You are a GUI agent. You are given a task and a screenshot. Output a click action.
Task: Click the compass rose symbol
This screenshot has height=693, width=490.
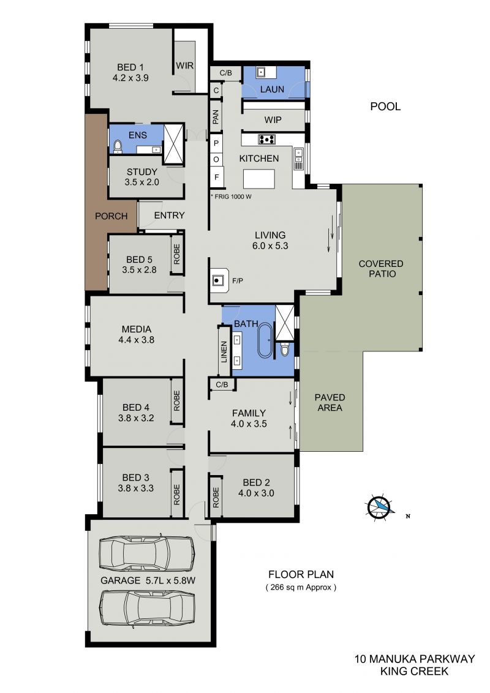point(379,506)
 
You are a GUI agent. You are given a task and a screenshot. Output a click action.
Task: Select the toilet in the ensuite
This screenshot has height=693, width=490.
point(117,146)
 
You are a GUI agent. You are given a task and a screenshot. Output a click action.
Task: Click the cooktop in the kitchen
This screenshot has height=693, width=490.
point(266,140)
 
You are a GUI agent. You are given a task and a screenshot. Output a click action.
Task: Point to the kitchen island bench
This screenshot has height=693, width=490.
point(258,179)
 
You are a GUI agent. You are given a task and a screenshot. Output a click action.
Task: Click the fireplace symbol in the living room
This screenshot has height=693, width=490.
point(219,280)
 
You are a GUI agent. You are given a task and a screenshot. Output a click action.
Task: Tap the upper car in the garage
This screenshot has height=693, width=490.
point(146,552)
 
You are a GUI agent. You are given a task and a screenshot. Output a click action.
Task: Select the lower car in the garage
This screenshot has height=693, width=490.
point(148,608)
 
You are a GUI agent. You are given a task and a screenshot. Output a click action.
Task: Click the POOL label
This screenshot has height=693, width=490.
point(385,107)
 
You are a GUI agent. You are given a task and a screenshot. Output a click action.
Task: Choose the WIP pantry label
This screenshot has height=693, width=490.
point(273,120)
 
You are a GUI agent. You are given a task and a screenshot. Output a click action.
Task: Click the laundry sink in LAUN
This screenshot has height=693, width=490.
point(262,71)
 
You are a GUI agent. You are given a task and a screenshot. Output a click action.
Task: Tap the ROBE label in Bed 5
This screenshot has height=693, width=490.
point(177,254)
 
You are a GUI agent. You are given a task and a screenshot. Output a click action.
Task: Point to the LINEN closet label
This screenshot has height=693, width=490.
point(224,352)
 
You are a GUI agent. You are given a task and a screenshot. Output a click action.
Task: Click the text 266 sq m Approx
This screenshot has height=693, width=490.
point(301,587)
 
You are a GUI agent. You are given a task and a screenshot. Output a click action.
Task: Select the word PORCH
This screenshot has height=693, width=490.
point(111,216)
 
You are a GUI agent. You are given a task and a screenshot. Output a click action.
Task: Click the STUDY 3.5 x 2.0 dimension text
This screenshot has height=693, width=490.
point(142,182)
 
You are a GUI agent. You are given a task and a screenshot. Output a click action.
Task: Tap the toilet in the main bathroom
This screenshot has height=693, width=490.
point(284,350)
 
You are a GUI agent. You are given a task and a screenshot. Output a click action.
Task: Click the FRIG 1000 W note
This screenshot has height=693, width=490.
point(231,197)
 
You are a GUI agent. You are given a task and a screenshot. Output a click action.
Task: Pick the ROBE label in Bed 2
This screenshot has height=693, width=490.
point(216,497)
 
